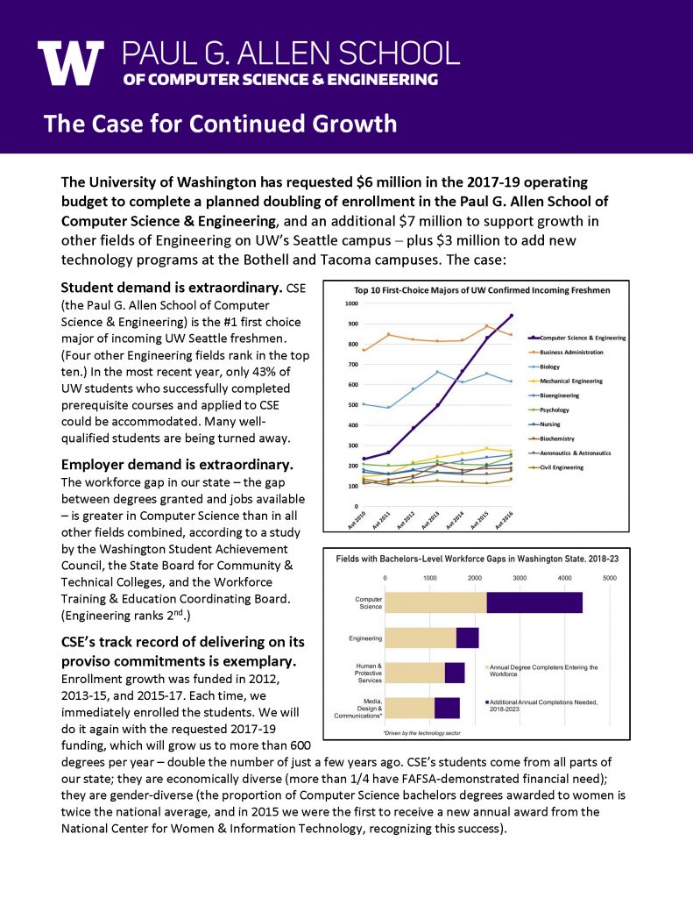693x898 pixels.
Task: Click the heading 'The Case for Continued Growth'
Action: click(x=220, y=123)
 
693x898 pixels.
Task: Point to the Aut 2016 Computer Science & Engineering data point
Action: click(x=511, y=316)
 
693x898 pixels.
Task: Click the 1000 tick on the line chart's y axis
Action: click(x=351, y=303)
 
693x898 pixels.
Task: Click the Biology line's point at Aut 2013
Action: click(x=438, y=372)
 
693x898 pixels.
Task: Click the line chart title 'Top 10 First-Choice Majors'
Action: click(x=481, y=289)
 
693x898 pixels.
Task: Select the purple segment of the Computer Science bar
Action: click(x=534, y=602)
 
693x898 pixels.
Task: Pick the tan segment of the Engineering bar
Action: click(x=421, y=638)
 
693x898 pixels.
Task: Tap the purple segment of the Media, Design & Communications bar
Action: click(x=447, y=708)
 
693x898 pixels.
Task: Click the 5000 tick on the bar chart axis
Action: click(x=610, y=578)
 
